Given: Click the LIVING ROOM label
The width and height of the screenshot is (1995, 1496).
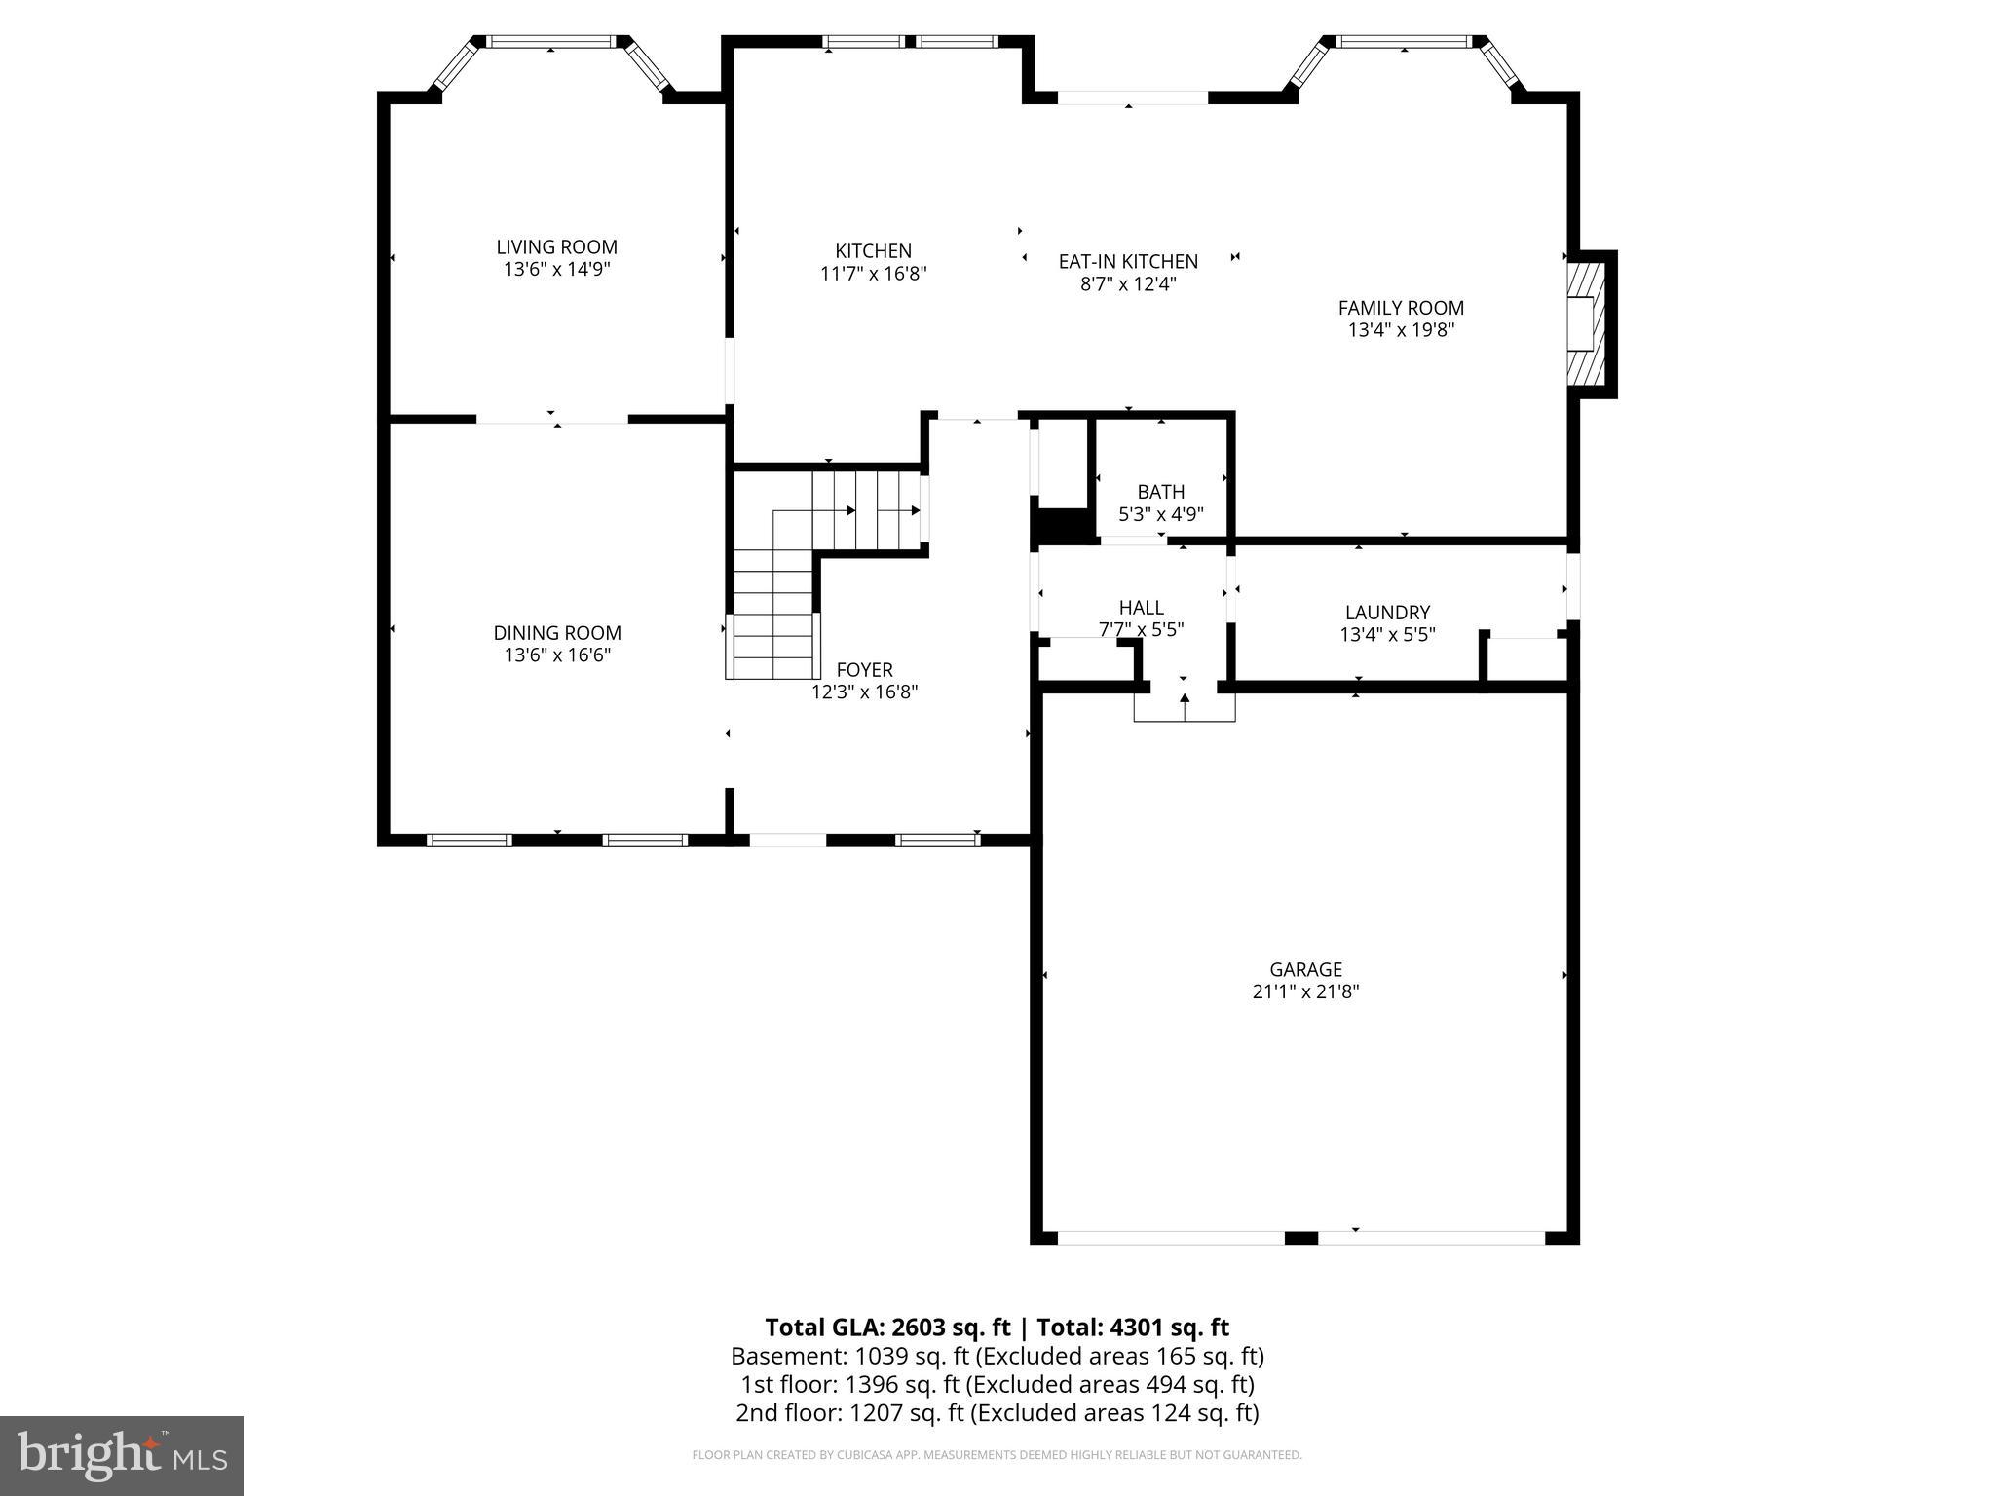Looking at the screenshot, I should click(556, 247).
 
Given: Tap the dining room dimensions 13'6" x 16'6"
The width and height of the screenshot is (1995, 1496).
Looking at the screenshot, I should click(556, 655).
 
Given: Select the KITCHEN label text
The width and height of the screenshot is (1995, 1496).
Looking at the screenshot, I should click(873, 251).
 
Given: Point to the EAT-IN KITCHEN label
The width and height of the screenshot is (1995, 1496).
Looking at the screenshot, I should click(1128, 262).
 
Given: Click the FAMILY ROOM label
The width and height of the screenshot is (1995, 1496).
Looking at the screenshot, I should click(1400, 308).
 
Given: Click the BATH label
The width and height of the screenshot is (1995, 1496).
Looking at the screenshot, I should click(1160, 492).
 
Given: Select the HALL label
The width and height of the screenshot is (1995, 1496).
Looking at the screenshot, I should click(1141, 608).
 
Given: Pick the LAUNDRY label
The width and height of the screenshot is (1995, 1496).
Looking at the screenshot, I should click(1386, 613).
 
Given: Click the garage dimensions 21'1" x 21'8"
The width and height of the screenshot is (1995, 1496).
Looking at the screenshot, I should click(1305, 991).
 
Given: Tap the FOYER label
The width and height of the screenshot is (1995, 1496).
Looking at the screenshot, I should click(864, 670).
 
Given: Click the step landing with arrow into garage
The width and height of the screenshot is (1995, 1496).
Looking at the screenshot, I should click(1185, 704).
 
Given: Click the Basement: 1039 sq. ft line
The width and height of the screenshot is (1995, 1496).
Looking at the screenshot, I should click(997, 1356).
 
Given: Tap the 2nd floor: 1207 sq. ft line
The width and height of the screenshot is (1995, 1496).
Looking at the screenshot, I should click(997, 1412).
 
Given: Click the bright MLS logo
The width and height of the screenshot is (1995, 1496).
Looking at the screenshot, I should click(121, 1455).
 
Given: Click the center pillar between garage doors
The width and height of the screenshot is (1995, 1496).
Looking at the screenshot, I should click(1300, 1238).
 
